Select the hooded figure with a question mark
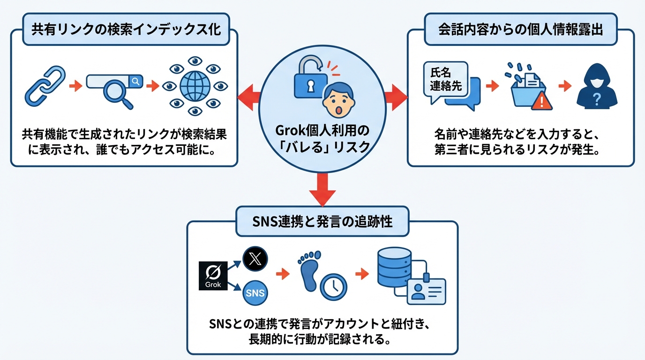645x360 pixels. click(x=596, y=87)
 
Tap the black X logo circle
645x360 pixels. click(x=255, y=259)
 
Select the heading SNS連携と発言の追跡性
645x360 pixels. click(x=322, y=222)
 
